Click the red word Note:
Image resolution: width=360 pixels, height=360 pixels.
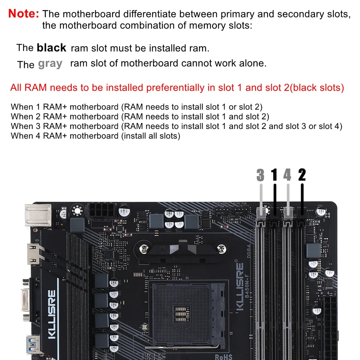(x=24, y=13)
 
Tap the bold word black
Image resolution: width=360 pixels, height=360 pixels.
(x=51, y=48)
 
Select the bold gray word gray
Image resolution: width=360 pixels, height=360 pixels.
(x=50, y=63)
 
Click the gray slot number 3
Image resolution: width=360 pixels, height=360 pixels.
(x=261, y=175)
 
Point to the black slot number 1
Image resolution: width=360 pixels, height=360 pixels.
(x=274, y=175)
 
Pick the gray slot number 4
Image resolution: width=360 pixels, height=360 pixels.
(x=287, y=175)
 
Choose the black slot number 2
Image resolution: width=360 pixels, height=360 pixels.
(x=302, y=175)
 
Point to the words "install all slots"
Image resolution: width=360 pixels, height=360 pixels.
(x=150, y=136)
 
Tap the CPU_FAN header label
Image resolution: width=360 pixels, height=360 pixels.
(x=240, y=204)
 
